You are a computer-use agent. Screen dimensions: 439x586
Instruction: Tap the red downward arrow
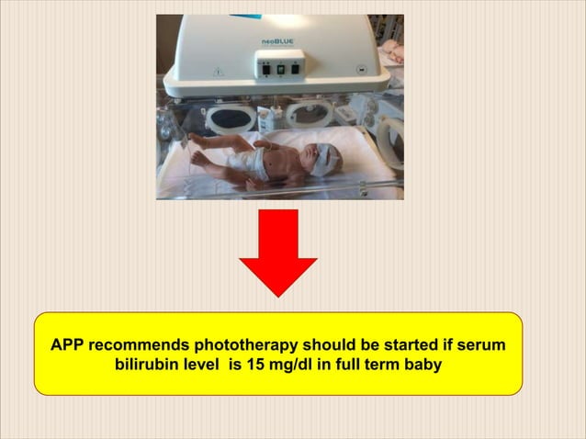pos(278,252)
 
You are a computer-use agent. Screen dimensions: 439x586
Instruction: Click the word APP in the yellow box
pos(69,346)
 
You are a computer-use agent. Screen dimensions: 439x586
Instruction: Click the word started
pos(405,346)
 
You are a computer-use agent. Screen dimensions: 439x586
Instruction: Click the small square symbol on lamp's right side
pos(362,70)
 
